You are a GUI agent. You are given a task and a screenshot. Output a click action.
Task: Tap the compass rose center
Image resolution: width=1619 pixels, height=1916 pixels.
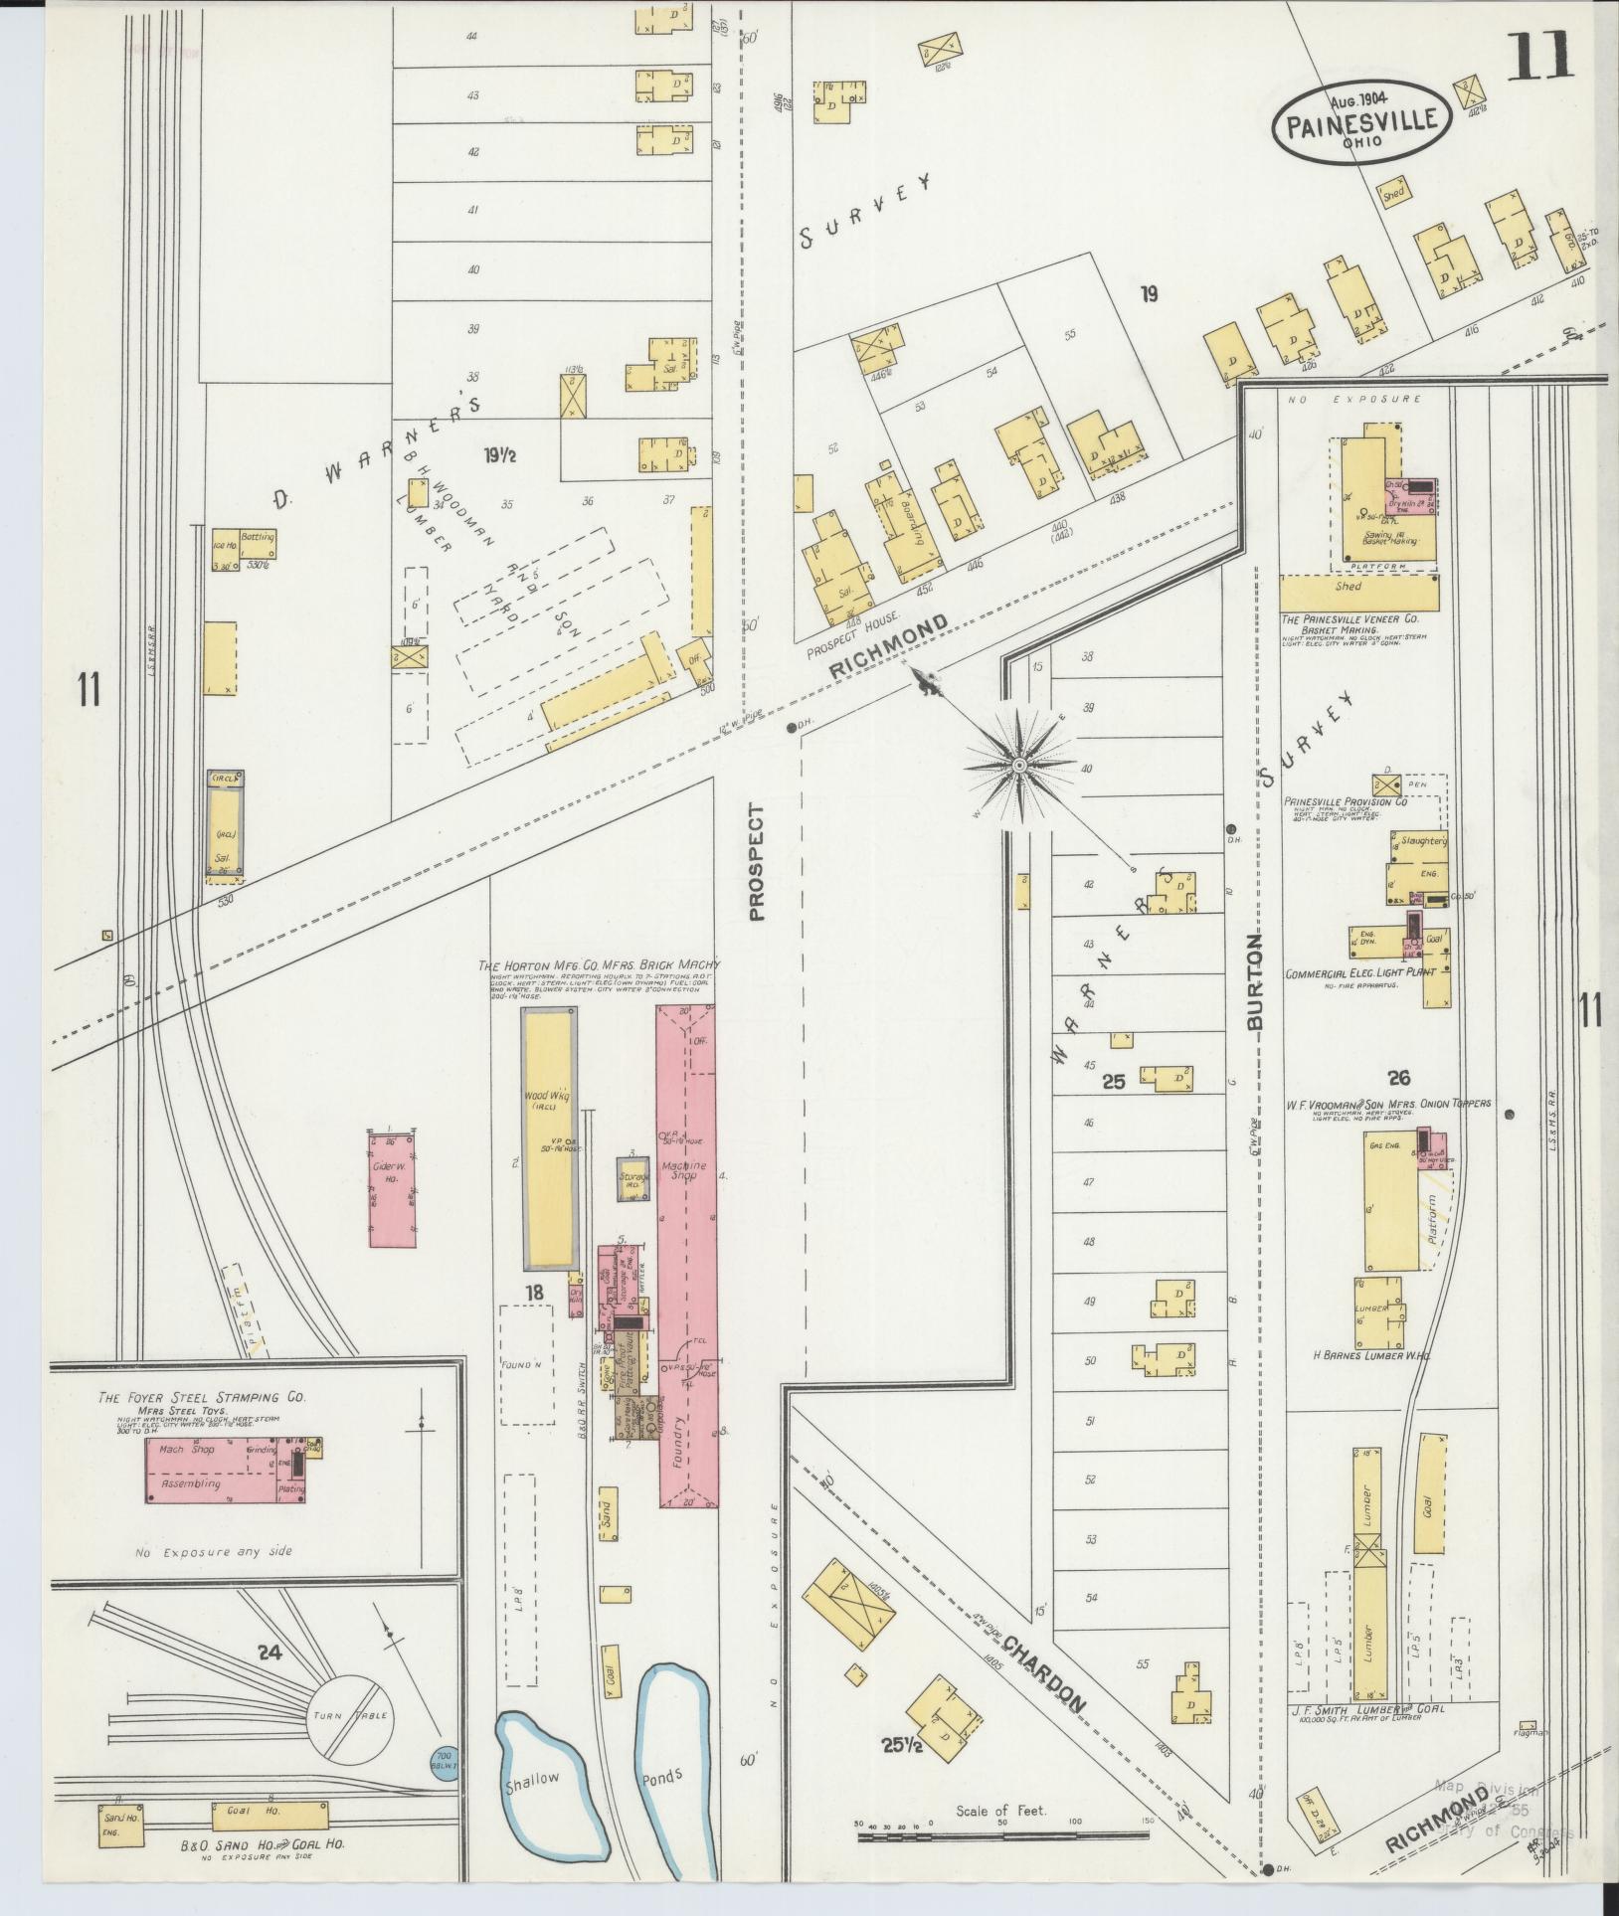tap(1019, 766)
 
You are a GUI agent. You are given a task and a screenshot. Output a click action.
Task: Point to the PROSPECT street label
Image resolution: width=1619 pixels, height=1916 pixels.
tap(758, 862)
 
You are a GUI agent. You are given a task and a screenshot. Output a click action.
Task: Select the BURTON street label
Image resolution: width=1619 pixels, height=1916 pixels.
tap(1255, 981)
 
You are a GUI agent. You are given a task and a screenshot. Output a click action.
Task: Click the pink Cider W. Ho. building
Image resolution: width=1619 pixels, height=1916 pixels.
tap(393, 1187)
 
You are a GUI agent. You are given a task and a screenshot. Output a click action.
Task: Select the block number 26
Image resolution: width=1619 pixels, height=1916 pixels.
tap(1399, 1077)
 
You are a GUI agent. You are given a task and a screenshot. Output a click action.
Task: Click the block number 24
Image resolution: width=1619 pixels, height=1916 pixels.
tap(268, 1653)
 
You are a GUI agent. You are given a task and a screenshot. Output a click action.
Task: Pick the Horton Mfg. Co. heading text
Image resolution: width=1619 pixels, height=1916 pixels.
tap(599, 965)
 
